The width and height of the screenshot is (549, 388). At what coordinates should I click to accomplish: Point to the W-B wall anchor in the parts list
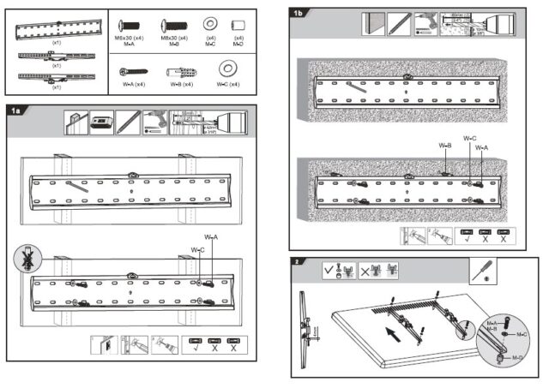coord(178,71)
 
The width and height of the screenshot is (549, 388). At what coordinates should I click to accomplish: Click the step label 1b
coord(298,13)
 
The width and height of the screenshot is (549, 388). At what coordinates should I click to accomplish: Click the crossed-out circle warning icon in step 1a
coord(24,257)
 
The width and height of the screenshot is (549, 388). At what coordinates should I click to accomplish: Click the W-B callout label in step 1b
coord(444,146)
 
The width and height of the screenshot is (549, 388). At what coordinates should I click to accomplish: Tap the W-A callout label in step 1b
coord(481,147)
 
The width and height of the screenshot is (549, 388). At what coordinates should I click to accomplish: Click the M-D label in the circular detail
coord(518,356)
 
